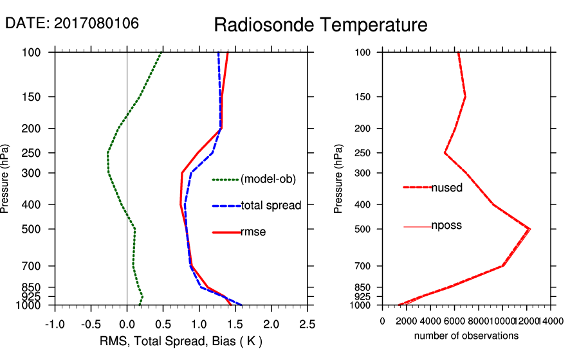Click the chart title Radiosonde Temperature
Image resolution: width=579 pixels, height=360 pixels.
(320, 25)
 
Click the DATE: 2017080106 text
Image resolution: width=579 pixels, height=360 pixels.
(72, 23)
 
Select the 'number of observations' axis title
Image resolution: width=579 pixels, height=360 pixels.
(466, 336)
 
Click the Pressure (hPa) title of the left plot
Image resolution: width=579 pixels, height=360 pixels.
(6, 179)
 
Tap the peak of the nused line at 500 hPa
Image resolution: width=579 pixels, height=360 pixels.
(529, 229)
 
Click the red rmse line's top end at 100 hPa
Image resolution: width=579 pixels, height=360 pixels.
(228, 53)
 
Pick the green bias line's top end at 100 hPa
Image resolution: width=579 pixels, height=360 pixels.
(161, 53)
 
